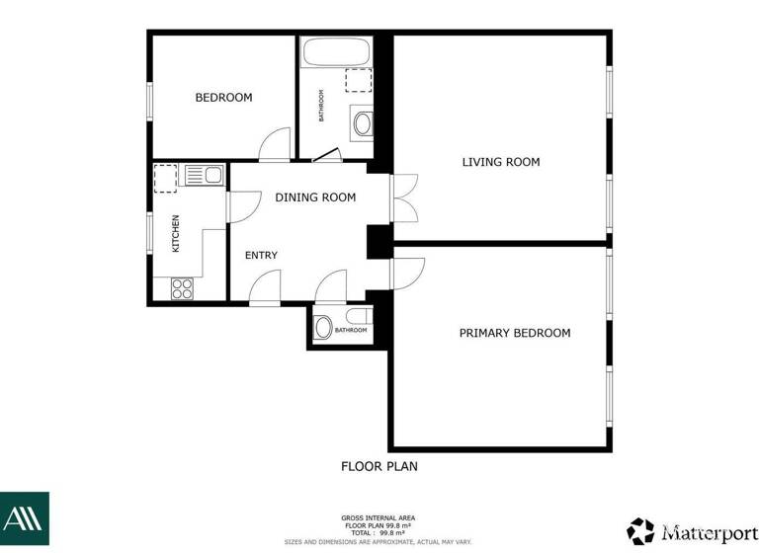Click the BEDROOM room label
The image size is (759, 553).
(x=223, y=98)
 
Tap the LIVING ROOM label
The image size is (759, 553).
(x=501, y=162)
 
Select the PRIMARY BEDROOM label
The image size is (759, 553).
(x=515, y=333)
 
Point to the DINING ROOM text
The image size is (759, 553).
(x=315, y=197)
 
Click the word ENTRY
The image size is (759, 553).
(x=261, y=256)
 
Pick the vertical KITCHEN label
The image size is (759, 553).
(x=176, y=234)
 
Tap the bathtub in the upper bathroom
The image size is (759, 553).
(x=336, y=52)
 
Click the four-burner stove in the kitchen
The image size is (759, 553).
(x=183, y=288)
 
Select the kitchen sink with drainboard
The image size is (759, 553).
(x=204, y=176)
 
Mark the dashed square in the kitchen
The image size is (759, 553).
(x=165, y=179)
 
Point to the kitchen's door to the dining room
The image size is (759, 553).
(x=237, y=206)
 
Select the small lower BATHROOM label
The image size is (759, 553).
(x=351, y=330)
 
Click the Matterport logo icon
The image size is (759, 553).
(x=640, y=530)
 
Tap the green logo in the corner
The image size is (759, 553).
(x=24, y=519)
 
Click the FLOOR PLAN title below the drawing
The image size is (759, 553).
(x=379, y=466)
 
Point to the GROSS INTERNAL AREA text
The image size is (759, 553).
(x=379, y=517)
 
